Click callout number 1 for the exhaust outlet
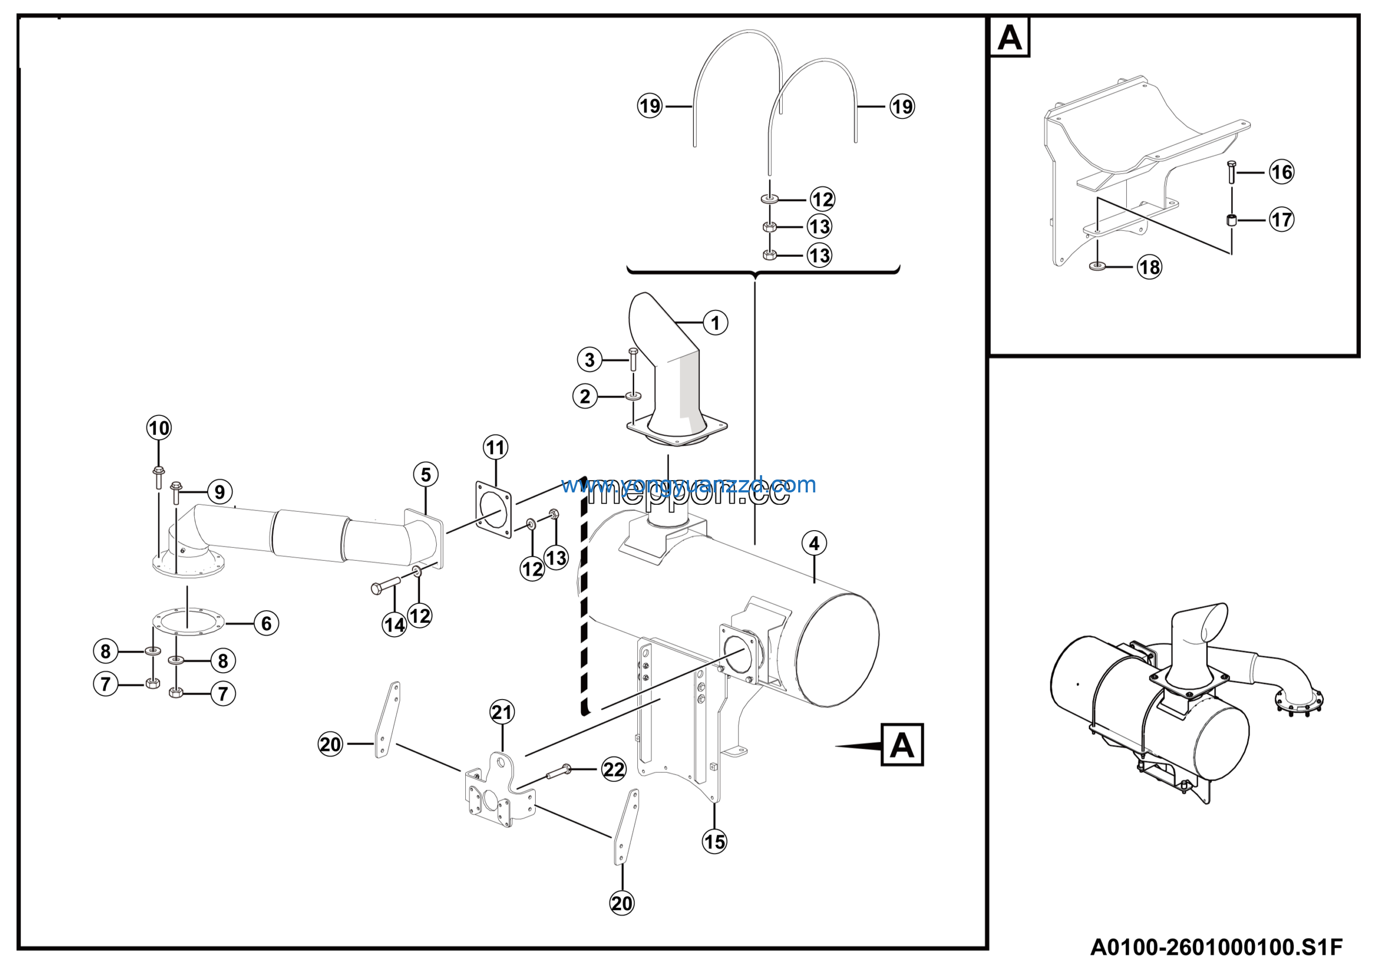[715, 323]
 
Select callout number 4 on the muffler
[814, 544]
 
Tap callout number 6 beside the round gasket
[266, 623]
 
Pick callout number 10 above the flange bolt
[159, 428]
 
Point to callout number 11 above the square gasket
[495, 448]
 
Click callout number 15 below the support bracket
[714, 842]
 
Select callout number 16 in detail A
[1282, 172]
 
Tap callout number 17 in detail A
[1282, 220]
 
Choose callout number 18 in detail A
[1149, 267]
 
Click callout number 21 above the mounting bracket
[502, 712]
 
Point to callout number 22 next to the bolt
[614, 770]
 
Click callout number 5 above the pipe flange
[426, 475]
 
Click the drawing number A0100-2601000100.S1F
[1216, 947]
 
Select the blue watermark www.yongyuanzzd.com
[688, 485]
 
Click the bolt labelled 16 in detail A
[1231, 172]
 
